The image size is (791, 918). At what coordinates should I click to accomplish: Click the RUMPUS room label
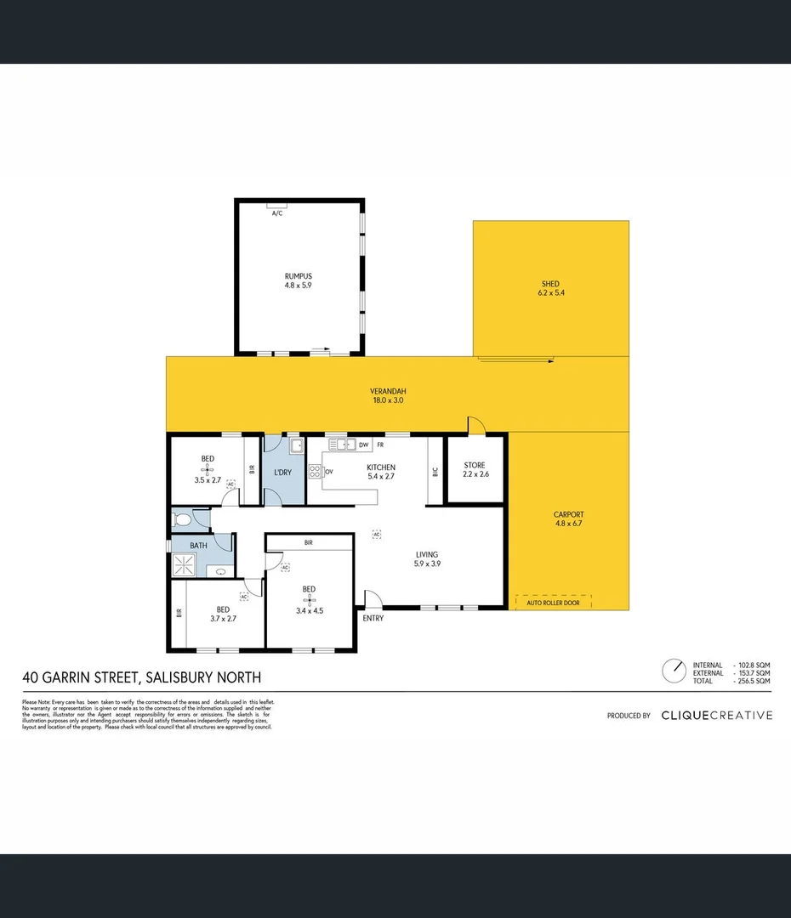coord(298,276)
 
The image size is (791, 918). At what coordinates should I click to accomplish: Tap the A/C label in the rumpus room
coord(276,213)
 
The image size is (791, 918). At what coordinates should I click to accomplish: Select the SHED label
coord(550,284)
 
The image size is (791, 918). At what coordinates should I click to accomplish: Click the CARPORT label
coord(567,514)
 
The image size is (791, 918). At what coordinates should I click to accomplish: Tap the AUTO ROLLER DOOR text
coord(553,603)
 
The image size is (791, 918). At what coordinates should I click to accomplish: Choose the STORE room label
coord(475,465)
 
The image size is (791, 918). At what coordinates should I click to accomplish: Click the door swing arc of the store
coord(476,424)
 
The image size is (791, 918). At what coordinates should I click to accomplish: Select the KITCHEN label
coord(380,467)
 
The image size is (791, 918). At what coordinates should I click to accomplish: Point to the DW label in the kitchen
coord(363,445)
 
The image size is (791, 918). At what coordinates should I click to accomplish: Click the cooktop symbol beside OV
coord(315,471)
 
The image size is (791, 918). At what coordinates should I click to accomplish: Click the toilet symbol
coord(181,518)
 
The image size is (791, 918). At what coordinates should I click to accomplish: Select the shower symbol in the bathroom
coord(184,564)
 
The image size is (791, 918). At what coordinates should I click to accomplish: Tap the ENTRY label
coord(373,618)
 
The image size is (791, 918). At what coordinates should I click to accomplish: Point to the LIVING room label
coord(427,554)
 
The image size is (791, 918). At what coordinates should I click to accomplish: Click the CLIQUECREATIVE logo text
coord(717,716)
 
